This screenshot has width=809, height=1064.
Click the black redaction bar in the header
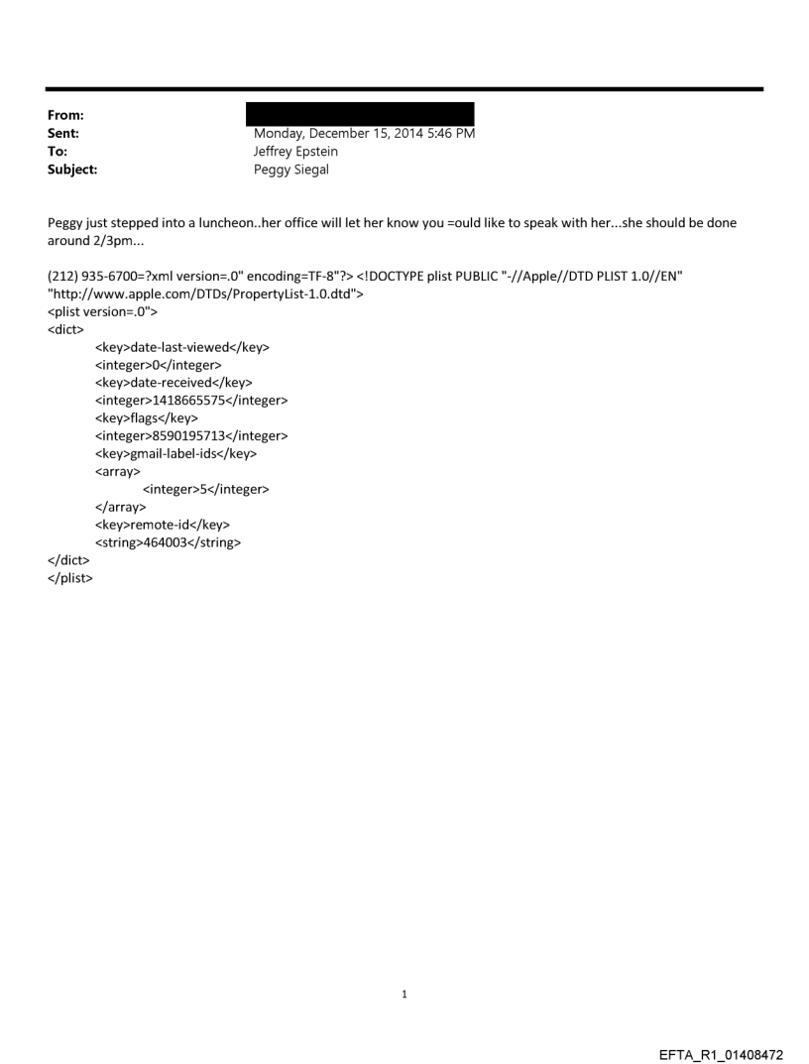click(360, 113)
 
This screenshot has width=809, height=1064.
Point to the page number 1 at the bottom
click(404, 994)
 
